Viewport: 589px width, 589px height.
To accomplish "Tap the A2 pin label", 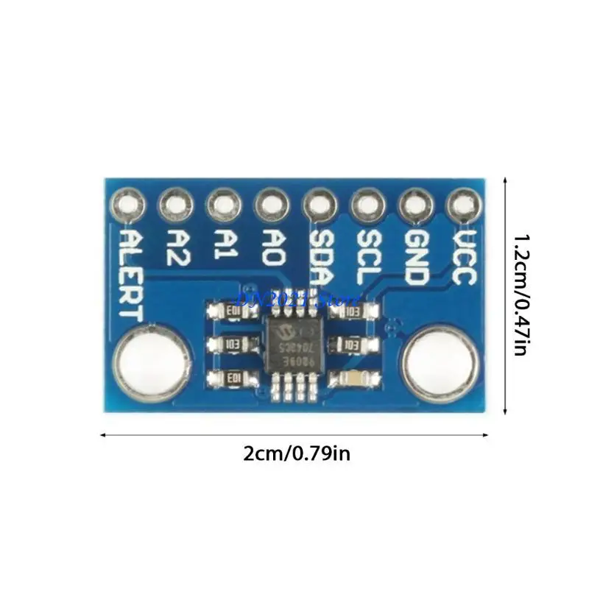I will click(177, 247).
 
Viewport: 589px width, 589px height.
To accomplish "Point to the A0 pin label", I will click(272, 247).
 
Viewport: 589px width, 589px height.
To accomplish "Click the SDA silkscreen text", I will click(320, 258).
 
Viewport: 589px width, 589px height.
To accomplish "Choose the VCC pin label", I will click(462, 258).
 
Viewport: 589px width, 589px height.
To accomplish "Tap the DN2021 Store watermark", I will click(294, 300).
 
